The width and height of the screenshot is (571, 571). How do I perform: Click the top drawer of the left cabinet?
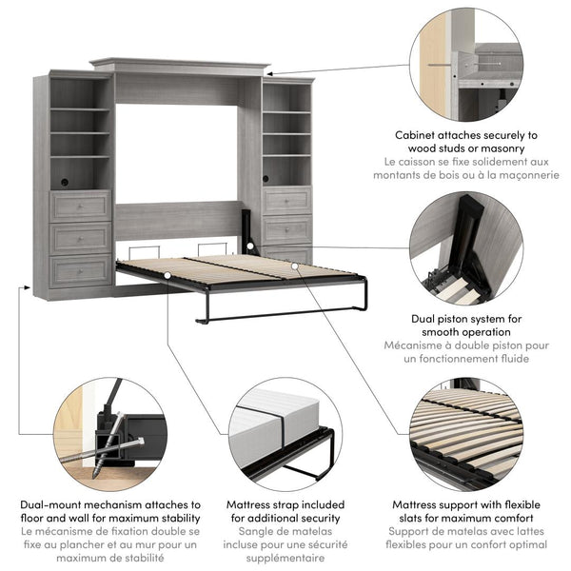click(81, 206)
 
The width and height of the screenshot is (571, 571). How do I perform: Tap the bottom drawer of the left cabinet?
click(81, 270)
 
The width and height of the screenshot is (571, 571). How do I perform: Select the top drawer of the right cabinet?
click(286, 201)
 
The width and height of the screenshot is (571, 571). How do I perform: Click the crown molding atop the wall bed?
click(180, 66)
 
